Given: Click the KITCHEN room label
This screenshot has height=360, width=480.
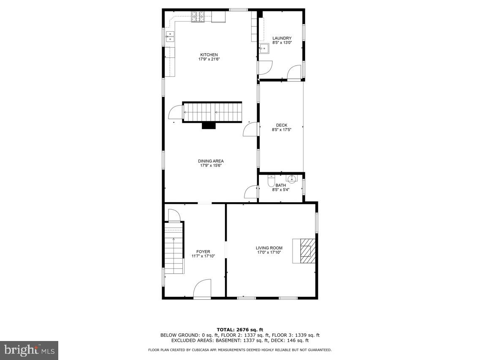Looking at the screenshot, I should point(209,55).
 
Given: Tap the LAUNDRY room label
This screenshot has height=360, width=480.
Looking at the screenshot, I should point(282,38).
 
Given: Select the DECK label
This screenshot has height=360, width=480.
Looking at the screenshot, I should point(282,125).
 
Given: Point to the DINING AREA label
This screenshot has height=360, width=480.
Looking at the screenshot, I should point(211,161).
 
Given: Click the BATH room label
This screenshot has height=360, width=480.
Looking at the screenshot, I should point(281,185).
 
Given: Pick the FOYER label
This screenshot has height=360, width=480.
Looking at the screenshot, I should point(203,252).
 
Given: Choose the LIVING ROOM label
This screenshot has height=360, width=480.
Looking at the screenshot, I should point(269,248).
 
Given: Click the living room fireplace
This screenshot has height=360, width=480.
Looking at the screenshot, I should point(305,251).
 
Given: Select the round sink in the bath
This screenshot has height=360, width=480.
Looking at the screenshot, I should point(292,179).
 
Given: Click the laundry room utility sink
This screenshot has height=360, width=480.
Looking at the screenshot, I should point(264,49).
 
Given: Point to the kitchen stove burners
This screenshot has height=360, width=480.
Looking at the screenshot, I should point(198,17).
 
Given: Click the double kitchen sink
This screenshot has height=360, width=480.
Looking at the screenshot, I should point(170,37).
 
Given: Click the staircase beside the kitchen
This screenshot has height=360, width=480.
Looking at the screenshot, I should point(212,112).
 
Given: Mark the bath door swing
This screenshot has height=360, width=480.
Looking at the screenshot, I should point(252,192).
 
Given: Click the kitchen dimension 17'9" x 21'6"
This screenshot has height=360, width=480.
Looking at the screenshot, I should point(209,60).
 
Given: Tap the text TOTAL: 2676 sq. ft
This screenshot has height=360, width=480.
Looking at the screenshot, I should point(240,330).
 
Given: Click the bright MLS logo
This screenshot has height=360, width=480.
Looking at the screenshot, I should point(29,350).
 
